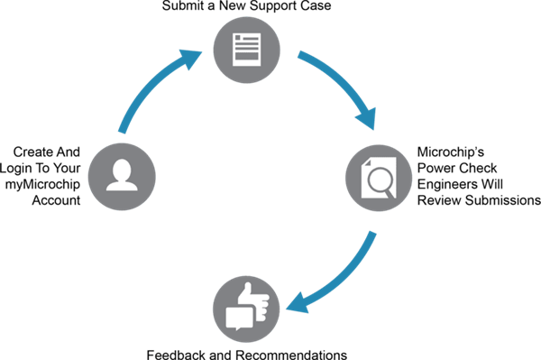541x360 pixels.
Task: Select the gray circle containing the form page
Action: [x=246, y=50]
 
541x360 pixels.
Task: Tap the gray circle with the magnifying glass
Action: [x=380, y=179]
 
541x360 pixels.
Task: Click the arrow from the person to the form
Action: [x=144, y=90]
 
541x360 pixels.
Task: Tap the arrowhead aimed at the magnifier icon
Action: [x=366, y=121]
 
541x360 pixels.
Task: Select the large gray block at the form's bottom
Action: [x=246, y=56]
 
